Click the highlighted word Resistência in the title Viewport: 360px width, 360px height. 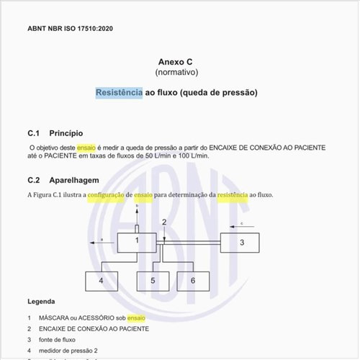click(120, 93)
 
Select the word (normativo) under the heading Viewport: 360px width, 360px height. click(176, 73)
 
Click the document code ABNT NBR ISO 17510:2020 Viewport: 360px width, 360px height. click(70, 29)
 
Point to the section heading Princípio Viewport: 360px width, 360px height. click(66, 133)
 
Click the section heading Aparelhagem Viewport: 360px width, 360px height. click(74, 180)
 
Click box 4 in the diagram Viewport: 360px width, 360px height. click(102, 279)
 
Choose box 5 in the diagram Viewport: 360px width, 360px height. click(153, 279)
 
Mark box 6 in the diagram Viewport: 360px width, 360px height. click(192, 279)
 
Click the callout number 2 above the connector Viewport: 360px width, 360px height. click(164, 222)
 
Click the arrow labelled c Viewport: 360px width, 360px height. click(242, 226)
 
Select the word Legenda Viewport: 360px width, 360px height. click(41, 301)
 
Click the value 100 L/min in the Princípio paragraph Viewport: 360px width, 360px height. click(193, 156)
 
